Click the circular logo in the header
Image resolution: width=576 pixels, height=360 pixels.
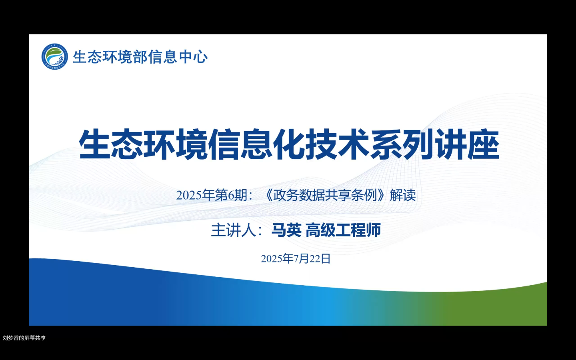(x=55, y=56)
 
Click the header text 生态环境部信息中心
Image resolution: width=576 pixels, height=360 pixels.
(x=140, y=57)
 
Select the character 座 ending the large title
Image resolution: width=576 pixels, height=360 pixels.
(x=483, y=144)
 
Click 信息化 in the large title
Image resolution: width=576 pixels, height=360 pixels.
(x=256, y=144)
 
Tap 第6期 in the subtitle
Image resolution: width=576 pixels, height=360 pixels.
(x=231, y=195)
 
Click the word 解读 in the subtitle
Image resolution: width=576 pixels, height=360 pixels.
(x=403, y=195)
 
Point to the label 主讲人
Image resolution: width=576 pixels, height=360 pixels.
(x=234, y=230)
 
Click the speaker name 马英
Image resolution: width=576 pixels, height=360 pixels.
(x=286, y=230)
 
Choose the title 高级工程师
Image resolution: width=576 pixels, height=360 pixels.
(x=343, y=230)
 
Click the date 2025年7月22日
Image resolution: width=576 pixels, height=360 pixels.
(x=296, y=259)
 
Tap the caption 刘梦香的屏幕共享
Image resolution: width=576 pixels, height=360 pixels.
(x=24, y=338)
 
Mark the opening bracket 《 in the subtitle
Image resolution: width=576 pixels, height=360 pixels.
(x=268, y=195)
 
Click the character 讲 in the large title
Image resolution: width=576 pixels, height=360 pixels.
(x=451, y=144)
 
